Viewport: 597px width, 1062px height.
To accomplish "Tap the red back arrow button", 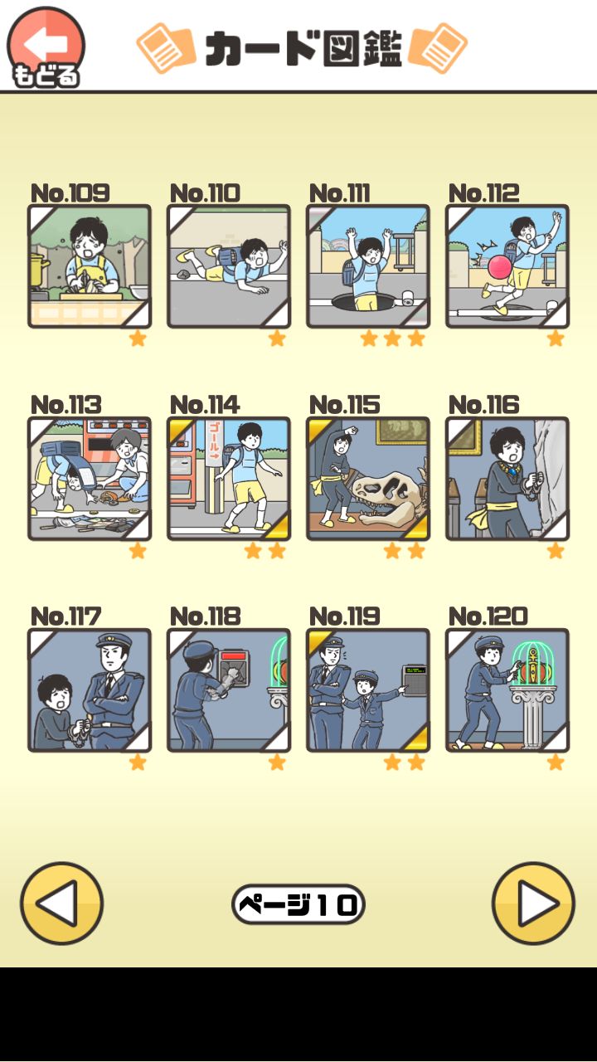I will click(46, 46).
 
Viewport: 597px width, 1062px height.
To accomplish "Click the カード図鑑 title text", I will click(303, 48).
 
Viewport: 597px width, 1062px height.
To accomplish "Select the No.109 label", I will click(70, 193).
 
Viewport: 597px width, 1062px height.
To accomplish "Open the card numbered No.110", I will click(229, 266).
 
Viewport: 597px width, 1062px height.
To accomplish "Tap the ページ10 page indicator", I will click(298, 904).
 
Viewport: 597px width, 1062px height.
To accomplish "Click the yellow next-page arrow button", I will click(533, 904).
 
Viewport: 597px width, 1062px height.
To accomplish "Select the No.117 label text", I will click(66, 616).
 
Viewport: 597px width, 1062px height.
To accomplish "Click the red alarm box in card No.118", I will click(232, 665).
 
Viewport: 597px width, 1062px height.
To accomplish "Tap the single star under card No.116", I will click(555, 551).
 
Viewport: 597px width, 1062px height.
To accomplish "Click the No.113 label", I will click(66, 405).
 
